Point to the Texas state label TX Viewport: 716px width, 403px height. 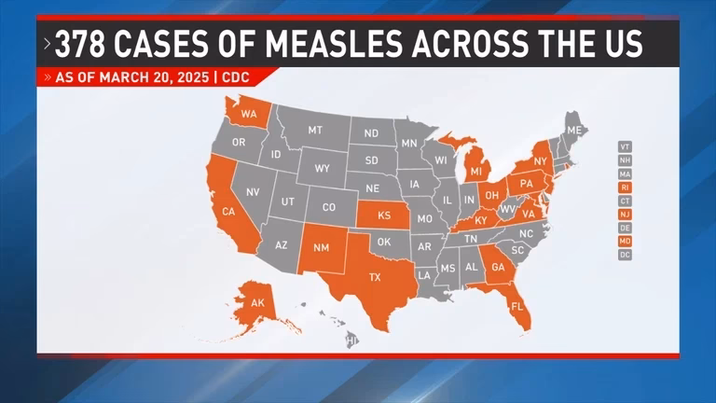(375, 277)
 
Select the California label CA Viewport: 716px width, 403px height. (227, 212)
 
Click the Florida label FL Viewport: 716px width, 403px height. (516, 305)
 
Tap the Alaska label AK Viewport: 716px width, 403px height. (257, 302)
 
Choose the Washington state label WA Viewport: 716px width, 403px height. (249, 115)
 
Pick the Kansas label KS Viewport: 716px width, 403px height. (383, 215)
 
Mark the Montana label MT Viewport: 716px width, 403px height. (315, 131)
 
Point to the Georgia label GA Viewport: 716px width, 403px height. (498, 267)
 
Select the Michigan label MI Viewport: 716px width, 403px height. (475, 172)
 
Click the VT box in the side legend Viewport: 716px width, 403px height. (625, 146)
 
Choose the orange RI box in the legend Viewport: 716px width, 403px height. (625, 187)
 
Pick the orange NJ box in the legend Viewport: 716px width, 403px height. (625, 214)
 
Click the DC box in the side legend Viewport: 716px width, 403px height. (625, 254)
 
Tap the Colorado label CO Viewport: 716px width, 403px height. (328, 207)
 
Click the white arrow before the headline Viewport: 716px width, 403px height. (47, 44)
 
